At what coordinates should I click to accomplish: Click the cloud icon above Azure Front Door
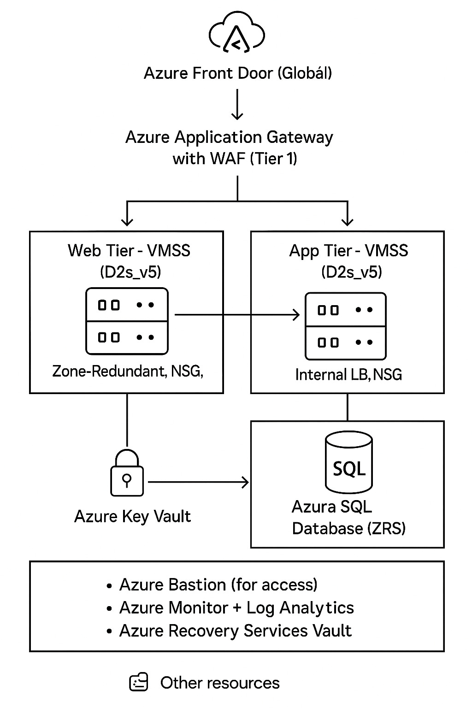pyautogui.click(x=237, y=33)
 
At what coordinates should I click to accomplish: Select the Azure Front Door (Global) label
pyautogui.click(x=237, y=73)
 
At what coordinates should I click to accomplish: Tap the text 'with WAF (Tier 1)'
pyautogui.click(x=235, y=159)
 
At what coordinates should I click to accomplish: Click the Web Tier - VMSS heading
pyautogui.click(x=129, y=251)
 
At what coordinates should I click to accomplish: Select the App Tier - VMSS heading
pyautogui.click(x=348, y=251)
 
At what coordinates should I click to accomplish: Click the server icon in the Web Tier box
pyautogui.click(x=127, y=321)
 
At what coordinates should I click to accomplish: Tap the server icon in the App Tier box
pyautogui.click(x=346, y=326)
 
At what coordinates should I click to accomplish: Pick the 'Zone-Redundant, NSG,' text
pyautogui.click(x=128, y=371)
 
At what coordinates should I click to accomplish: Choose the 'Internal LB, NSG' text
pyautogui.click(x=348, y=375)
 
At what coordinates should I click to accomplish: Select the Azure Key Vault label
pyautogui.click(x=132, y=516)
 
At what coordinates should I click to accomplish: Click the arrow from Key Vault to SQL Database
pyautogui.click(x=198, y=483)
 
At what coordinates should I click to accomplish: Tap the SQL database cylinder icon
pyautogui.click(x=349, y=462)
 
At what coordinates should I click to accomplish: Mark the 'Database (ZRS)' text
pyautogui.click(x=349, y=528)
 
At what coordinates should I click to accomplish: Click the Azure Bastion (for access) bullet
pyautogui.click(x=218, y=585)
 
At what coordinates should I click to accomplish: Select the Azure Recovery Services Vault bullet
pyautogui.click(x=235, y=631)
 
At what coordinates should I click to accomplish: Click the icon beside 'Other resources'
pyautogui.click(x=139, y=682)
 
